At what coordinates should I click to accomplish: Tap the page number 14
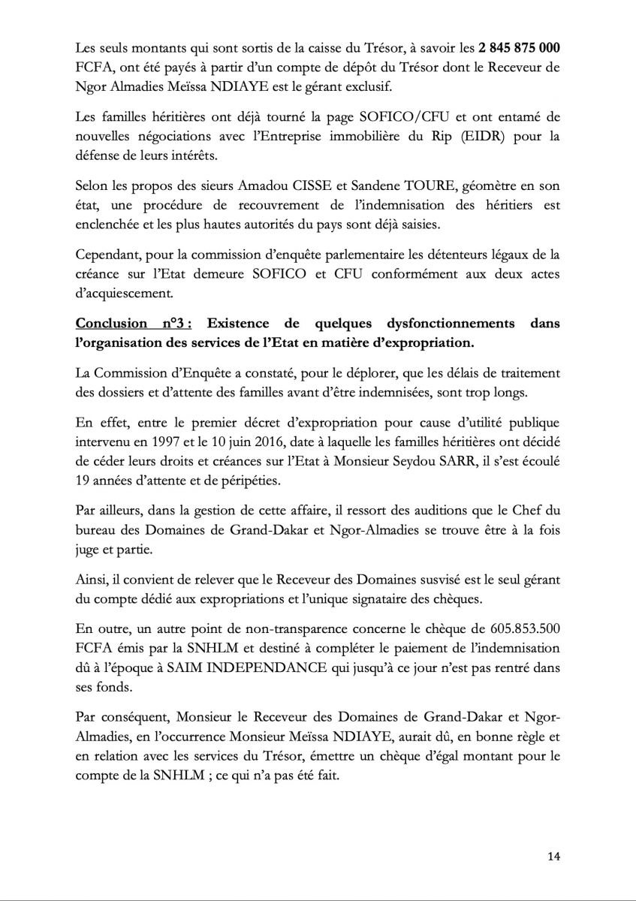click(x=553, y=856)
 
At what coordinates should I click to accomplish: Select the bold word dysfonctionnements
click(x=430, y=324)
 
